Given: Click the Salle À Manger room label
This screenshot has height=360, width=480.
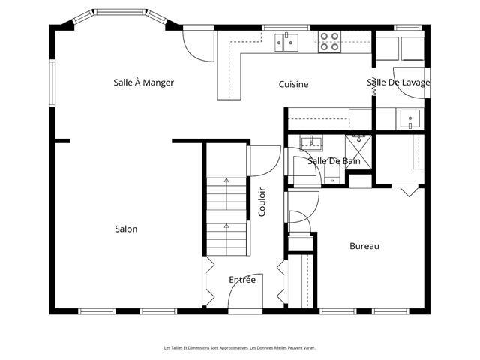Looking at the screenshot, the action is pyautogui.click(x=143, y=82).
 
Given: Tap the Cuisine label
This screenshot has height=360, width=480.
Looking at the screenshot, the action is pyautogui.click(x=293, y=84).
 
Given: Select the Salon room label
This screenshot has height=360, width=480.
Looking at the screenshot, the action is pyautogui.click(x=126, y=229).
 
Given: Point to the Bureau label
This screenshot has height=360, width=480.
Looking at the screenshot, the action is pyautogui.click(x=364, y=246).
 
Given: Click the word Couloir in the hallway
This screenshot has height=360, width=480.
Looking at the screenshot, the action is pyautogui.click(x=262, y=202).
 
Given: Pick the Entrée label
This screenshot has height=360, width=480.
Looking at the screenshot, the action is pyautogui.click(x=242, y=280).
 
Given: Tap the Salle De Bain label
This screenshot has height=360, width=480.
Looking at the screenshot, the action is pyautogui.click(x=334, y=161).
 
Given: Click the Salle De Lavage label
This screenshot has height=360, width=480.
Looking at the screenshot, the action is pyautogui.click(x=398, y=82).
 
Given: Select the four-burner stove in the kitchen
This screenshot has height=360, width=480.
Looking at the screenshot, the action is pyautogui.click(x=329, y=42).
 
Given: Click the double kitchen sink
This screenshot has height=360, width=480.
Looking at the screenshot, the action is pyautogui.click(x=286, y=42).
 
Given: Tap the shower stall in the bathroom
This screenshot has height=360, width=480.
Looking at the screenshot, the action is pyautogui.click(x=358, y=152).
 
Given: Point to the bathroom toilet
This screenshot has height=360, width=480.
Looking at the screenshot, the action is pyautogui.click(x=332, y=175).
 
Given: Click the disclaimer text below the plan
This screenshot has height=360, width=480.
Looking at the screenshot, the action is pyautogui.click(x=240, y=348).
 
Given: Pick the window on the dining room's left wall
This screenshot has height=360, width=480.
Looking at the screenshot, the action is pyautogui.click(x=52, y=83).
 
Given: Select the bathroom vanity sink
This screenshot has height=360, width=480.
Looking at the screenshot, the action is pyautogui.click(x=311, y=143).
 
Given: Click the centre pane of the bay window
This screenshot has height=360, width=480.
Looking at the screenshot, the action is pyautogui.click(x=119, y=12).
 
